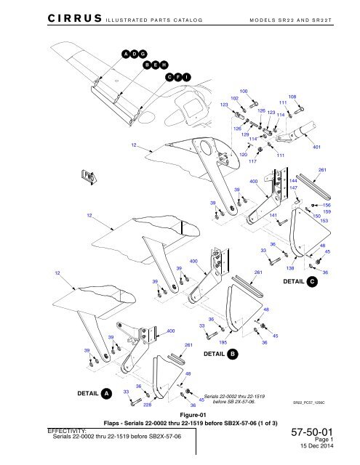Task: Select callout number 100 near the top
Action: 244,91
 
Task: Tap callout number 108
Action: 292,96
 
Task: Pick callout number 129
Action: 246,135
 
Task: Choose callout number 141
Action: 273,216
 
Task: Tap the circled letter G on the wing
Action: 143,54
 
